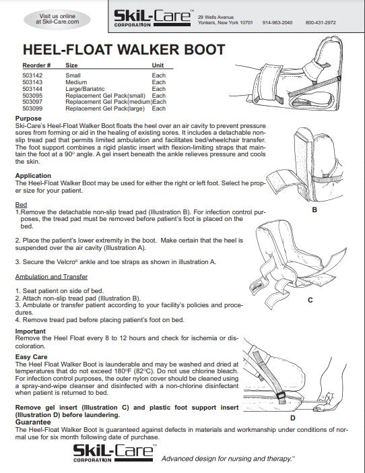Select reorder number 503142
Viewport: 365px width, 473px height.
tap(33, 75)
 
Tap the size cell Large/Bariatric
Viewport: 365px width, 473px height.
tap(88, 89)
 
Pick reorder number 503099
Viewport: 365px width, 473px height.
tap(33, 108)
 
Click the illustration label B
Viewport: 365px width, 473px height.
tap(313, 210)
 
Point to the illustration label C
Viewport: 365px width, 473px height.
tap(310, 300)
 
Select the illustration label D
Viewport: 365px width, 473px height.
tap(312, 418)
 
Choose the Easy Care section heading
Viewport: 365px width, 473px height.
tap(33, 358)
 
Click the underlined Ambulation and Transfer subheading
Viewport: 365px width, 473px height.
tap(51, 276)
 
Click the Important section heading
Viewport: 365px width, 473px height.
tap(30, 332)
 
